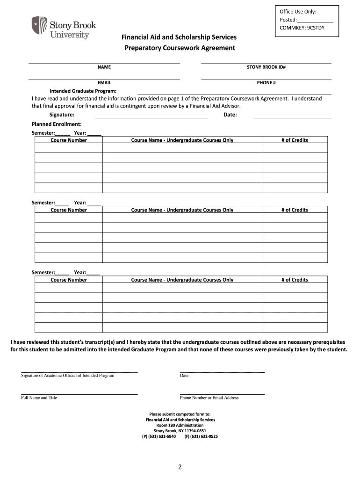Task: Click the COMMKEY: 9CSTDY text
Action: coord(302,28)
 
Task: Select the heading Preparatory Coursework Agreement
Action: coord(180,48)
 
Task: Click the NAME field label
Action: coord(104,67)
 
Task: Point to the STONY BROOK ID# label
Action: coord(266,67)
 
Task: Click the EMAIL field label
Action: coord(104,83)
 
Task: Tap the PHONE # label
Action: coord(266,83)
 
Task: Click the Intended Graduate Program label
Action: coord(83,91)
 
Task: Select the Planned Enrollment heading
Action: coord(57,124)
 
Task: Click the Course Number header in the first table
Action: coord(69,140)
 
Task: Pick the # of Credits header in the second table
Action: coord(295,210)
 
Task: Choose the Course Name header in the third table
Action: coord(182,280)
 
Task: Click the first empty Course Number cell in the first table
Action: coord(69,148)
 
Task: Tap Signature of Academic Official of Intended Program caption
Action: coord(68,376)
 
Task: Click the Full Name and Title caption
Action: coord(39,398)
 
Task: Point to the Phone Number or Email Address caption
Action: coord(209,398)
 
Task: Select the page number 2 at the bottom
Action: coord(180,467)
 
